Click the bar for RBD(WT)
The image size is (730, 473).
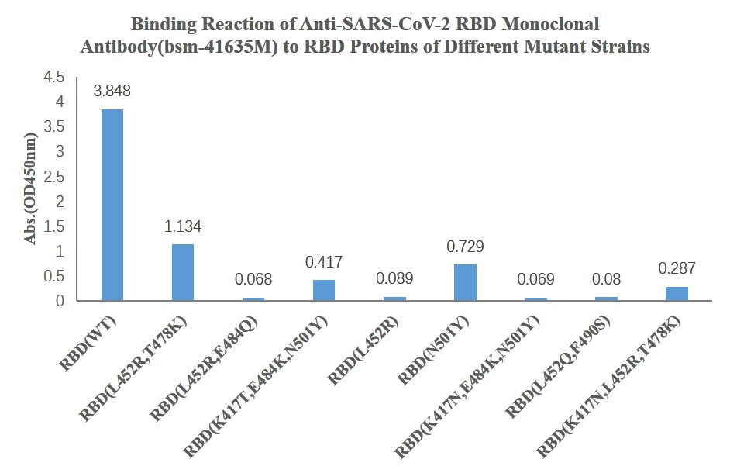[x=112, y=205]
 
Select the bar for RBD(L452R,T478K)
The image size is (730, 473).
[x=182, y=272]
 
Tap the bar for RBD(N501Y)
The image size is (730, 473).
[x=465, y=282]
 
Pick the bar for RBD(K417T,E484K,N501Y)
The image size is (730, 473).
[x=324, y=290]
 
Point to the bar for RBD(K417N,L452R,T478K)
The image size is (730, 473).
[x=677, y=293]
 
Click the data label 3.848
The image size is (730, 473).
[x=112, y=91]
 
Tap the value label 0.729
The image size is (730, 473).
[x=465, y=247]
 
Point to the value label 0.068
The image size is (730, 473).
[x=253, y=279]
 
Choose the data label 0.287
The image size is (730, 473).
[x=677, y=269]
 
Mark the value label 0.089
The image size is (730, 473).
[x=394, y=278]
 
